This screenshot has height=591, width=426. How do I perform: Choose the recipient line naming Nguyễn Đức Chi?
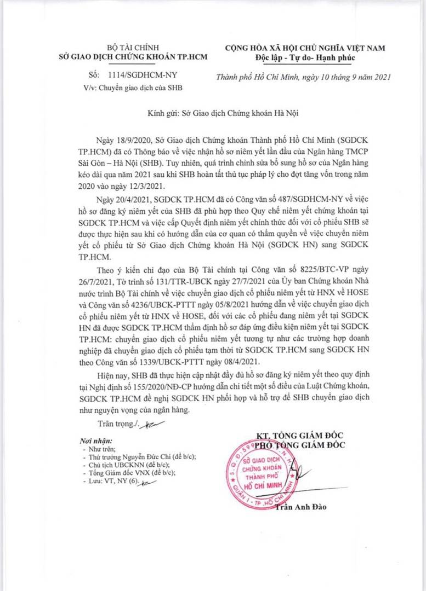[x=138, y=456]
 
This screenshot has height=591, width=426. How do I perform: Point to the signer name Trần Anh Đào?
[x=300, y=507]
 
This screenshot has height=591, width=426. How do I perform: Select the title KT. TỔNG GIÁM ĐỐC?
[x=300, y=435]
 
